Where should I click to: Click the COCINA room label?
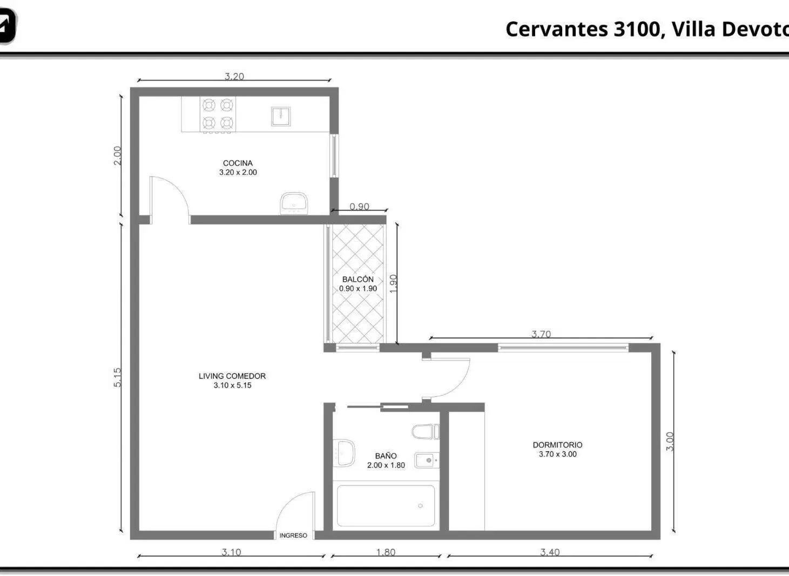point(238,163)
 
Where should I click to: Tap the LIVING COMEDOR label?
point(232,376)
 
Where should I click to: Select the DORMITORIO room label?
point(557,445)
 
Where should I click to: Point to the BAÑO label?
point(386,456)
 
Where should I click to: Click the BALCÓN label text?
point(358,279)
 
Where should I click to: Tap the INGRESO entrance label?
point(293,536)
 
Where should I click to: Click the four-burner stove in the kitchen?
point(218,114)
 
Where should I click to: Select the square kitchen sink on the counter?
point(281,116)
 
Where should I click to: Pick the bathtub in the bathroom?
point(386,506)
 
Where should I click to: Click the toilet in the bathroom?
point(426,432)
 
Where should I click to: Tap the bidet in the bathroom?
point(427,460)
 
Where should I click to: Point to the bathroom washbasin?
point(344,452)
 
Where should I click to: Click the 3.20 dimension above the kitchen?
point(234,76)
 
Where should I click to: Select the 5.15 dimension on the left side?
point(117,377)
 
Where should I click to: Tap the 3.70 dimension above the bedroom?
point(541,334)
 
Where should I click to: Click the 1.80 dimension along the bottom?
point(386,552)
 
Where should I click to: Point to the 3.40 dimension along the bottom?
point(550,552)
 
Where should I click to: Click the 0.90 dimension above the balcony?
point(359,206)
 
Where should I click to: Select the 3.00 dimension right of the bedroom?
point(670,442)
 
